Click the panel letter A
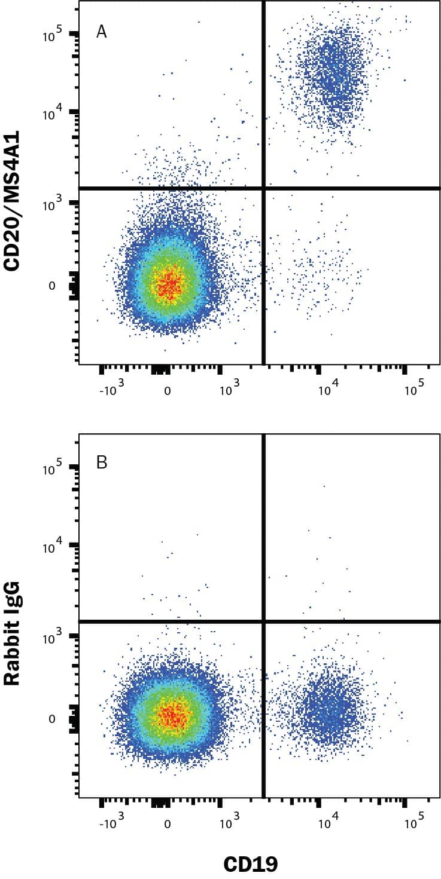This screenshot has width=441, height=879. pyautogui.click(x=102, y=32)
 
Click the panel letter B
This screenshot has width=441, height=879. pyautogui.click(x=102, y=463)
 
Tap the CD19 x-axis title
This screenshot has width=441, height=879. pyautogui.click(x=251, y=863)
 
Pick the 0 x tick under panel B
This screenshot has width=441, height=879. pyautogui.click(x=168, y=823)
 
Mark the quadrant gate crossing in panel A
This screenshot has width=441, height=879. pyautogui.click(x=263, y=188)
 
